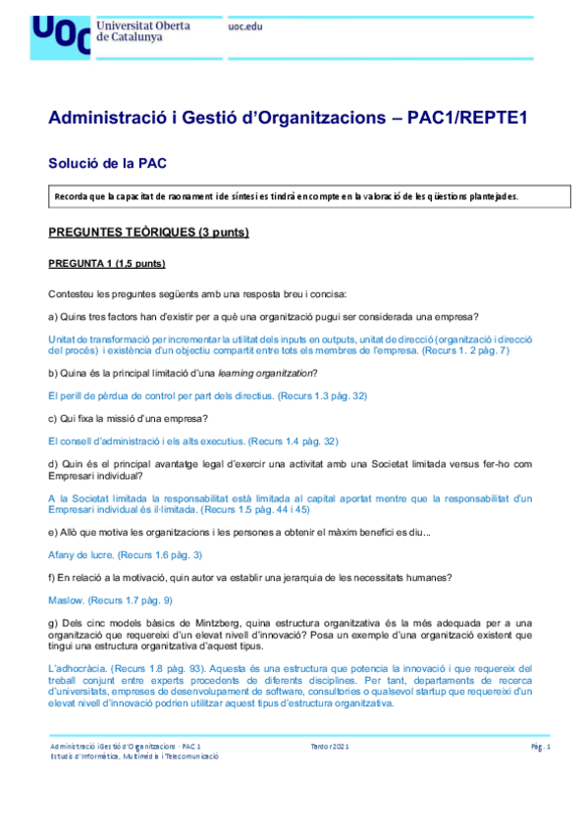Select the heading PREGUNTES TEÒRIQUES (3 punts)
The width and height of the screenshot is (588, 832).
pyautogui.click(x=148, y=232)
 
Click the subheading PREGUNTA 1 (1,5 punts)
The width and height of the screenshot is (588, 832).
pyautogui.click(x=107, y=264)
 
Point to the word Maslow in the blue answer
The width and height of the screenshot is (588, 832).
pyautogui.click(x=66, y=599)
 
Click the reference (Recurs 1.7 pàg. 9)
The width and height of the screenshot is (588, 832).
pyautogui.click(x=132, y=599)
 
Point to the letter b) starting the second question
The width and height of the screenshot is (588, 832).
pyautogui.click(x=52, y=373)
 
